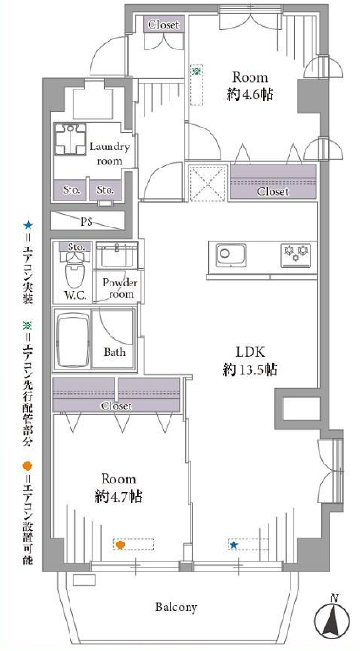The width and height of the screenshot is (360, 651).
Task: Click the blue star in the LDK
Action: pos(234,545)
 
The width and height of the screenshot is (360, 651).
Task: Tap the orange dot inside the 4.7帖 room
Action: pos(120,544)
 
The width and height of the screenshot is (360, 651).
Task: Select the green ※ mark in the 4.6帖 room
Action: pos(196,71)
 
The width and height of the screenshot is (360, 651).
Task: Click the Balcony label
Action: pos(176,608)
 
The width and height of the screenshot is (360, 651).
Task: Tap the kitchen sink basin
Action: pos(230,254)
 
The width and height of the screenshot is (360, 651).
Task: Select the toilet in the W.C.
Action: pos(74,269)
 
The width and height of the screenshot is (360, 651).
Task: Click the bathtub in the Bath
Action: pos(73,341)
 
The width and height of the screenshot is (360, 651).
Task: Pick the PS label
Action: pos(87,222)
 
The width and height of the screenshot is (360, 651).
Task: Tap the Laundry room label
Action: pos(110,153)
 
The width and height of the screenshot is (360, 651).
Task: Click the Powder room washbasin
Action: pos(117,256)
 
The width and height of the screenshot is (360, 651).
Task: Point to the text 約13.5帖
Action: pos(250,369)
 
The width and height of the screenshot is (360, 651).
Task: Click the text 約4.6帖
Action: pos(250,94)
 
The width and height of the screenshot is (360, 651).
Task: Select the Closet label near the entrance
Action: pos(164,25)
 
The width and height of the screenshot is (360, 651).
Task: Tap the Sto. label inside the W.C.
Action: pos(76,247)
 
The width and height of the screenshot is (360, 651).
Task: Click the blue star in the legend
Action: pos(28,226)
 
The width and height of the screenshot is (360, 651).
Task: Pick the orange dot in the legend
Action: pos(28,465)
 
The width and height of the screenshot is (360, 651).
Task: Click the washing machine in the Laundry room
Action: pos(70,137)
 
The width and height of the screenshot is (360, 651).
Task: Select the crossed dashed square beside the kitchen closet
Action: pos(208,183)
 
